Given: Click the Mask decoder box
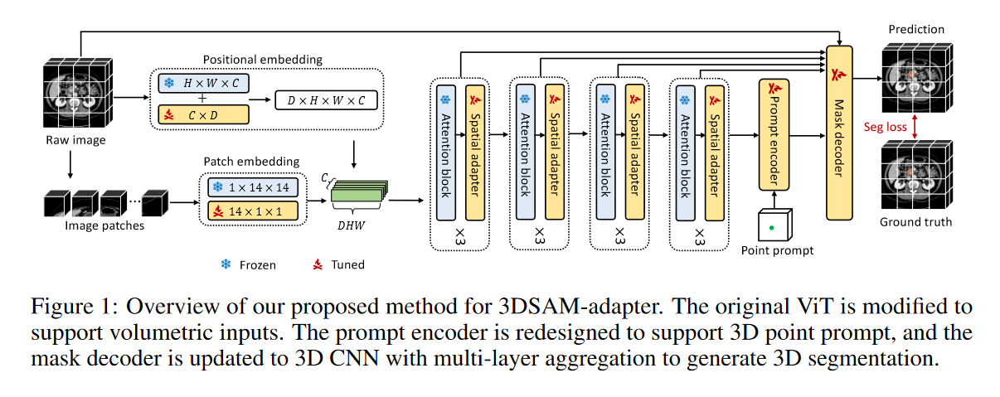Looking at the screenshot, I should (839, 133).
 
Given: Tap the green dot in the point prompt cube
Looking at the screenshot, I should (773, 226).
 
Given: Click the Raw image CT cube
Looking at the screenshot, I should (77, 90).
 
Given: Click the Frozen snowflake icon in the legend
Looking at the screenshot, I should (225, 265).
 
